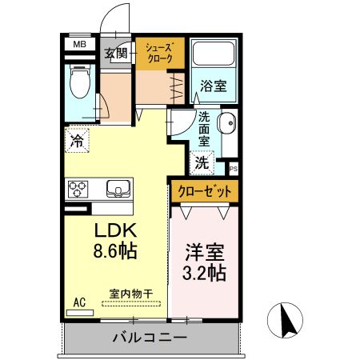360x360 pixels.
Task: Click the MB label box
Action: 79,45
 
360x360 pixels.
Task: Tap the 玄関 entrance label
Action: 116,54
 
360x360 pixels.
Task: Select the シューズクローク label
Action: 158,53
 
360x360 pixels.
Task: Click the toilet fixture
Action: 80,82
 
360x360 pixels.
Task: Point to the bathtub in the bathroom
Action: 214,55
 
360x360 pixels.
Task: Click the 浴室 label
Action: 213,84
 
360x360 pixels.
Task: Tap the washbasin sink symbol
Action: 226,124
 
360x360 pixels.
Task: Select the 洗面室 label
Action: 204,127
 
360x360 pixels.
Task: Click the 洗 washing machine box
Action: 202,162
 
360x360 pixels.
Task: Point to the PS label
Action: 234,169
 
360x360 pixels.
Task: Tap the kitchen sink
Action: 118,190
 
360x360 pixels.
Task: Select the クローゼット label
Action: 204,191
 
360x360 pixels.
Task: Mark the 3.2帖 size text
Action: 203,272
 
